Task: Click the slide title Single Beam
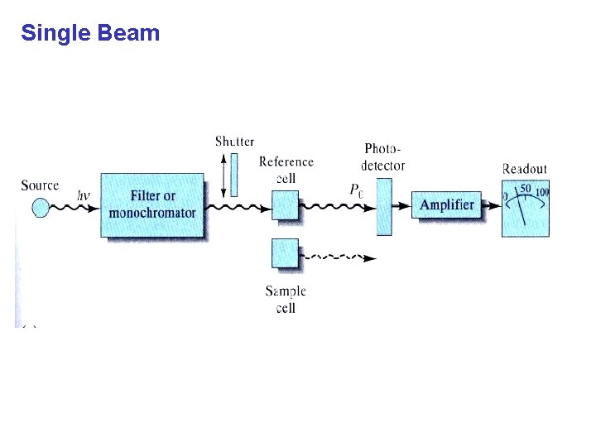(x=90, y=33)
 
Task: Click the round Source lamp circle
(x=41, y=205)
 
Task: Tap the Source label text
(x=40, y=185)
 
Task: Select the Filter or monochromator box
(x=152, y=205)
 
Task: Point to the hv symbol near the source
(x=84, y=196)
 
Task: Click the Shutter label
(x=234, y=142)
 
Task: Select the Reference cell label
(x=286, y=170)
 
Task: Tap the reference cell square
(x=285, y=204)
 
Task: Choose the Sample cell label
(x=286, y=299)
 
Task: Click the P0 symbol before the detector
(x=356, y=190)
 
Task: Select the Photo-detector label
(x=383, y=157)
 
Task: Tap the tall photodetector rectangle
(x=384, y=205)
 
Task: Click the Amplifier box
(x=446, y=205)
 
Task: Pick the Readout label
(x=525, y=169)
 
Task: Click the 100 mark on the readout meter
(x=541, y=193)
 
